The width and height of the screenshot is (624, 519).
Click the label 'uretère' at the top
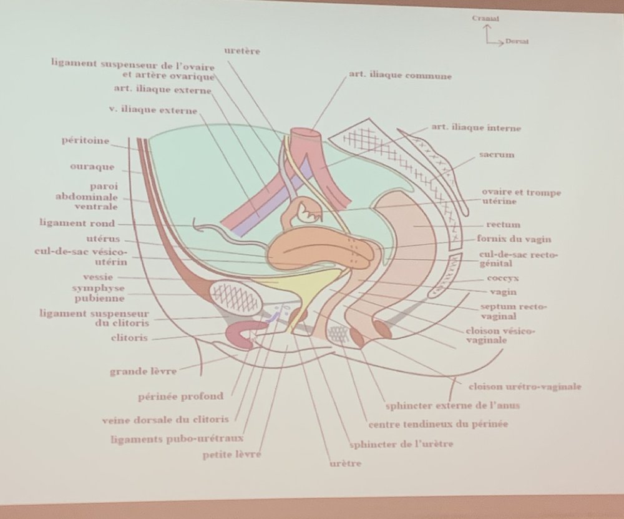243,51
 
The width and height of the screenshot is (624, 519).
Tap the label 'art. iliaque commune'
401,76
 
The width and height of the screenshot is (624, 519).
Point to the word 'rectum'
504,224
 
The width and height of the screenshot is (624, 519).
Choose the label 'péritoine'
85,142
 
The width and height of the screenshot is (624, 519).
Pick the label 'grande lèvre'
143,371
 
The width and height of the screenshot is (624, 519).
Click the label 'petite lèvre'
232,454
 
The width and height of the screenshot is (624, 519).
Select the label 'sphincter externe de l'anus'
452,405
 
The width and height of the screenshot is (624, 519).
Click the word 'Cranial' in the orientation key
486,19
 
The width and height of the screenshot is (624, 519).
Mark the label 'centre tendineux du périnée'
437,424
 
